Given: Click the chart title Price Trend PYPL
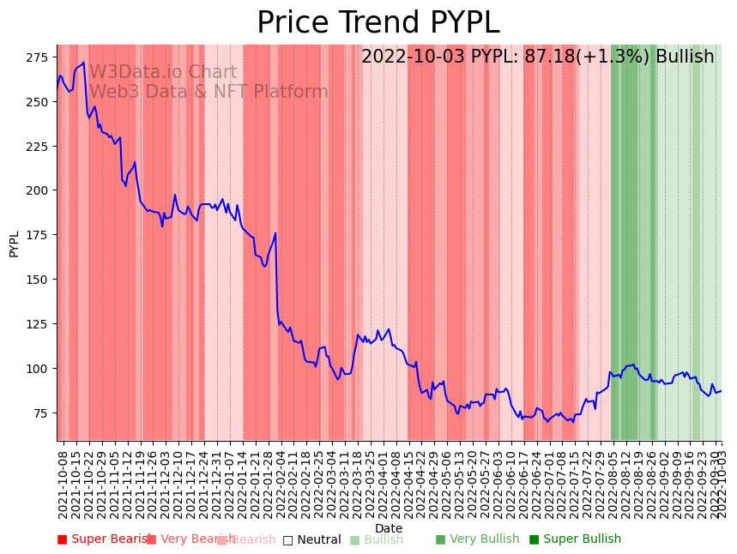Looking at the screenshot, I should point(378,23).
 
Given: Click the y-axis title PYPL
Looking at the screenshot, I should point(14,244).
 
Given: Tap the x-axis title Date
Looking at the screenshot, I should point(388,529).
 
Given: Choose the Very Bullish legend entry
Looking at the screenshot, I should point(477,539).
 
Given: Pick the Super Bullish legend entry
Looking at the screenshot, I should point(575,539).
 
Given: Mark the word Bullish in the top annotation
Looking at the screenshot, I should point(685,57).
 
